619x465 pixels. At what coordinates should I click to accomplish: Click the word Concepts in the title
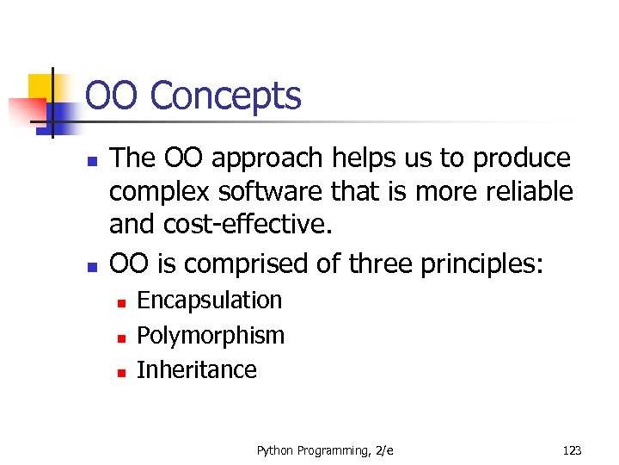point(225,96)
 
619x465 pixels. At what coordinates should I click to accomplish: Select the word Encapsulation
point(210,300)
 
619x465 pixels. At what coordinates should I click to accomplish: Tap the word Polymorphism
point(211,335)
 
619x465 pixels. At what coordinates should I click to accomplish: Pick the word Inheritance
point(197,370)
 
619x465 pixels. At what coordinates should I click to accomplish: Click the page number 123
point(572,450)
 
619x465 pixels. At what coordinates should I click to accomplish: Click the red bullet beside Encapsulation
point(122,302)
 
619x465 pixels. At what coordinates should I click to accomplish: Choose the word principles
point(481,263)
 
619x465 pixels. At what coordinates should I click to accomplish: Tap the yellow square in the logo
point(40,86)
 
